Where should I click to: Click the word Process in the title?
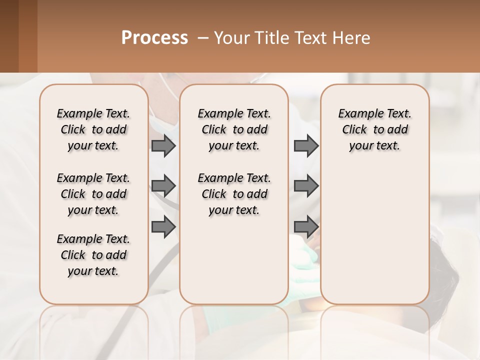pyautogui.click(x=154, y=38)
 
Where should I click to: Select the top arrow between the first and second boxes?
pyautogui.click(x=163, y=145)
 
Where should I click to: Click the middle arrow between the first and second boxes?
pyautogui.click(x=163, y=186)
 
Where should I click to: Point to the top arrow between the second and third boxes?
pyautogui.click(x=306, y=145)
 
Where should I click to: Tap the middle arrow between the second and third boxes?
pyautogui.click(x=306, y=186)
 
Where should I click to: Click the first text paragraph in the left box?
pyautogui.click(x=93, y=129)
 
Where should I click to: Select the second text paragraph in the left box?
pyautogui.click(x=93, y=194)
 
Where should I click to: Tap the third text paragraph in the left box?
pyautogui.click(x=93, y=255)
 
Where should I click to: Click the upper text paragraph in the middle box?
pyautogui.click(x=234, y=129)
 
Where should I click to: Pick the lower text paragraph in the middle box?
pyautogui.click(x=234, y=194)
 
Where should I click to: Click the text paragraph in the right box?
pyautogui.click(x=375, y=129)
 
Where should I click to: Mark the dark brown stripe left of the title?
pyautogui.click(x=9, y=36)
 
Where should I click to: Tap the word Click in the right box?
pyautogui.click(x=354, y=130)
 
